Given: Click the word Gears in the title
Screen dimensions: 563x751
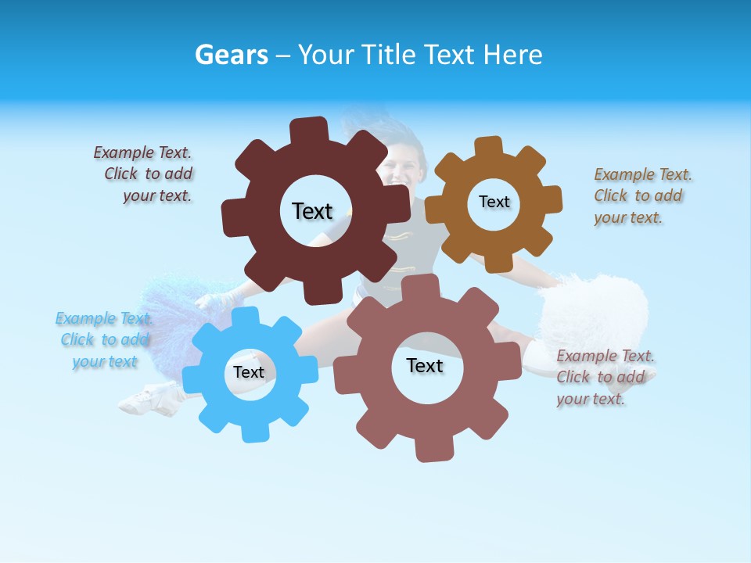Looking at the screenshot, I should (x=231, y=55).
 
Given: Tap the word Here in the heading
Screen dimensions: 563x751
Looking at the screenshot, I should (x=512, y=55).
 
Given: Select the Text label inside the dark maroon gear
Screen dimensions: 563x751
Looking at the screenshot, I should (x=312, y=211).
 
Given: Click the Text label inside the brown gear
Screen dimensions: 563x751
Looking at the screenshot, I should (x=494, y=202).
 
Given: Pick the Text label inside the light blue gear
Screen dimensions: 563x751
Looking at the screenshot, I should (x=248, y=372).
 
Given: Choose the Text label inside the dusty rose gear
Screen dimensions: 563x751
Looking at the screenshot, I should (x=425, y=365).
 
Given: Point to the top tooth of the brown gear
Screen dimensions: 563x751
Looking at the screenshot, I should (x=488, y=148).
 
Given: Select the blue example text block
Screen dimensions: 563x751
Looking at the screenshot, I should (x=104, y=340).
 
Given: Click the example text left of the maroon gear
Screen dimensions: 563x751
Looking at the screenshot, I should (x=145, y=174).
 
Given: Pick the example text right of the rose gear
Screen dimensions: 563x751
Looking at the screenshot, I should (x=604, y=378).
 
